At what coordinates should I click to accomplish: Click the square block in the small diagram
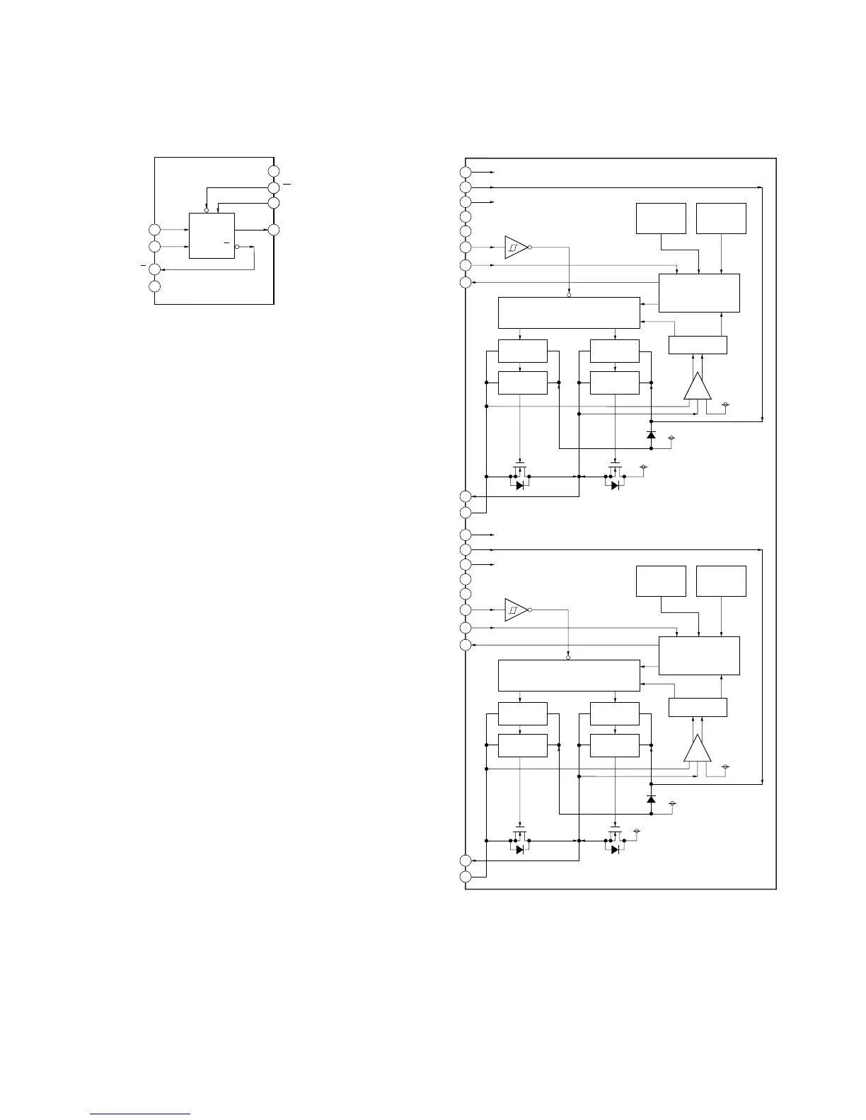(212, 235)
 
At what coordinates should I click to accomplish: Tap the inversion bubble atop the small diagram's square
(206, 210)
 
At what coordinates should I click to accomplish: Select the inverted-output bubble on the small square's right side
(237, 247)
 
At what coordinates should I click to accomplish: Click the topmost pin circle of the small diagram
(274, 171)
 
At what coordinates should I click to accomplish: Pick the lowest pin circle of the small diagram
(154, 286)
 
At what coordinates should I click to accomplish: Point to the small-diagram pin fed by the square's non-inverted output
(274, 230)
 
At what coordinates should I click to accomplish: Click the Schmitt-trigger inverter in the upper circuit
(516, 247)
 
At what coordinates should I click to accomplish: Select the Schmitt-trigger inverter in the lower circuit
(516, 609)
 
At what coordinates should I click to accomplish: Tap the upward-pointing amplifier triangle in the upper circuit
(698, 387)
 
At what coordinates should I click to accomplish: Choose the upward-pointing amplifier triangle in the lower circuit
(698, 749)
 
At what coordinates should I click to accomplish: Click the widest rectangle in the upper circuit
(569, 313)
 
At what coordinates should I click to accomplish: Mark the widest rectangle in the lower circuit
(569, 675)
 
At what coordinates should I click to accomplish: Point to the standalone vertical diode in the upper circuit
(651, 434)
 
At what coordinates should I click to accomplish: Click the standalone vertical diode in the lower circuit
(651, 798)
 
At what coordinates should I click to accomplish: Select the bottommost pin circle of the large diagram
(465, 877)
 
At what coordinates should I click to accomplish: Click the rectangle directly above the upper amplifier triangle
(698, 345)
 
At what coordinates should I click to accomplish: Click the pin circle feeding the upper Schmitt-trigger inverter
(465, 247)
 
